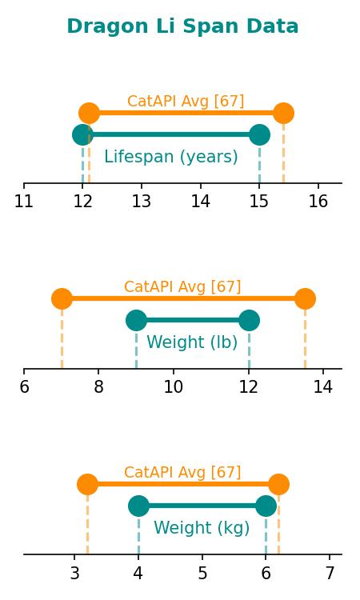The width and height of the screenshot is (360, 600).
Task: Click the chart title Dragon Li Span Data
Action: pyautogui.click(x=182, y=26)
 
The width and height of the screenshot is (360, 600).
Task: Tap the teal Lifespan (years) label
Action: pyautogui.click(x=171, y=157)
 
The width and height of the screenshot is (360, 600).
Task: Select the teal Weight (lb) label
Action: pyautogui.click(x=192, y=342)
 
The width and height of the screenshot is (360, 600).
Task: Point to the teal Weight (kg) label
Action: pyautogui.click(x=202, y=528)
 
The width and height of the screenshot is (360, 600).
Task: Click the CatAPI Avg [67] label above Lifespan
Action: pyautogui.click(x=186, y=101)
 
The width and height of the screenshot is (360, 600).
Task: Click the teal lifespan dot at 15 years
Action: pyautogui.click(x=259, y=134)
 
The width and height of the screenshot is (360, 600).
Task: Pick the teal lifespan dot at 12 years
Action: pyautogui.click(x=82, y=134)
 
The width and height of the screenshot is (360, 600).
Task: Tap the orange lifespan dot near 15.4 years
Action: pyautogui.click(x=283, y=114)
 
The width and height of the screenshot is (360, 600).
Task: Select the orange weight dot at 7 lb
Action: pyautogui.click(x=62, y=298)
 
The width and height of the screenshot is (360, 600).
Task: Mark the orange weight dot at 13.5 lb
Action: pyautogui.click(x=305, y=298)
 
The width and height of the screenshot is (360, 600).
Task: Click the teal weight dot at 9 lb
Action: pyautogui.click(x=136, y=320)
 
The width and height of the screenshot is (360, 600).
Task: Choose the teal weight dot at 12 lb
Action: pyautogui.click(x=249, y=320)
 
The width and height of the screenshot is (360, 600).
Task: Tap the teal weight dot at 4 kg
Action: pyautogui.click(x=138, y=506)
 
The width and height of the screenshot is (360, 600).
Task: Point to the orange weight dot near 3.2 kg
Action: pyautogui.click(x=88, y=484)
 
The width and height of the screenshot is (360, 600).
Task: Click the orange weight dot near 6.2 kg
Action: pyautogui.click(x=278, y=484)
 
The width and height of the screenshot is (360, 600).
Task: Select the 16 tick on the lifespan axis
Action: pyautogui.click(x=318, y=201)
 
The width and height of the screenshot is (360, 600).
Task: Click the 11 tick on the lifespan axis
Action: pyautogui.click(x=24, y=201)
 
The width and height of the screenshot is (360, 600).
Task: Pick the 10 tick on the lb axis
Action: pyautogui.click(x=174, y=386)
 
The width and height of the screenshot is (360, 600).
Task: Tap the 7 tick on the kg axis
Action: pyautogui.click(x=330, y=573)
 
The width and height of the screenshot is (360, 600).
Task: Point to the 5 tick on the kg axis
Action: pyautogui.click(x=202, y=573)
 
